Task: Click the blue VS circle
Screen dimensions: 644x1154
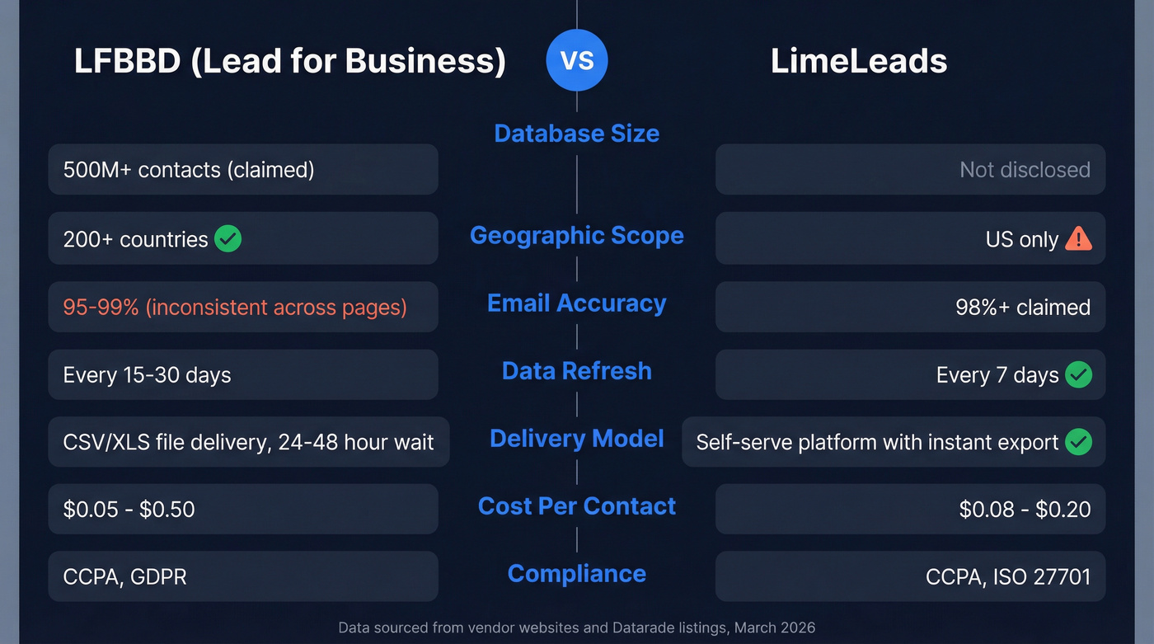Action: point(576,60)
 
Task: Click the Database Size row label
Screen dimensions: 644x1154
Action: point(576,134)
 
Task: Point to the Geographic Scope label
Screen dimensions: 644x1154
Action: point(576,236)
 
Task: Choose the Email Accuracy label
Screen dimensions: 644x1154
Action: point(576,303)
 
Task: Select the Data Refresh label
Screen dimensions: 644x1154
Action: point(576,371)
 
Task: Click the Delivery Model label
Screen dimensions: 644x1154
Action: point(576,439)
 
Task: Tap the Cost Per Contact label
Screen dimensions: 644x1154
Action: point(576,506)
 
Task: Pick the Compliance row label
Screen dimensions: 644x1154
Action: point(576,574)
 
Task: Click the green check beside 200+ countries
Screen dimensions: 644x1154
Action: point(228,239)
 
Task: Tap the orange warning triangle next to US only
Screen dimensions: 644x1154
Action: point(1078,239)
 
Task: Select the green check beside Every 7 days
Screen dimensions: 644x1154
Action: point(1078,375)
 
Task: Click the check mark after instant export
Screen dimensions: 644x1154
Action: point(1078,442)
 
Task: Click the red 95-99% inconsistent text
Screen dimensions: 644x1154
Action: point(235,308)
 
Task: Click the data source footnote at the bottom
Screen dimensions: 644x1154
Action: point(576,628)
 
